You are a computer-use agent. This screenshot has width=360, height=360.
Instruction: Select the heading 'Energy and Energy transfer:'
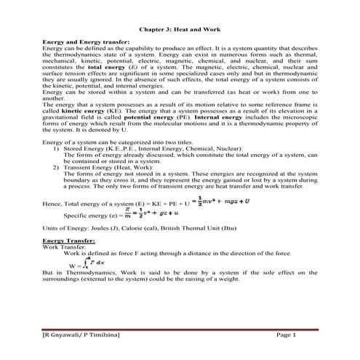pos(87,44)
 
